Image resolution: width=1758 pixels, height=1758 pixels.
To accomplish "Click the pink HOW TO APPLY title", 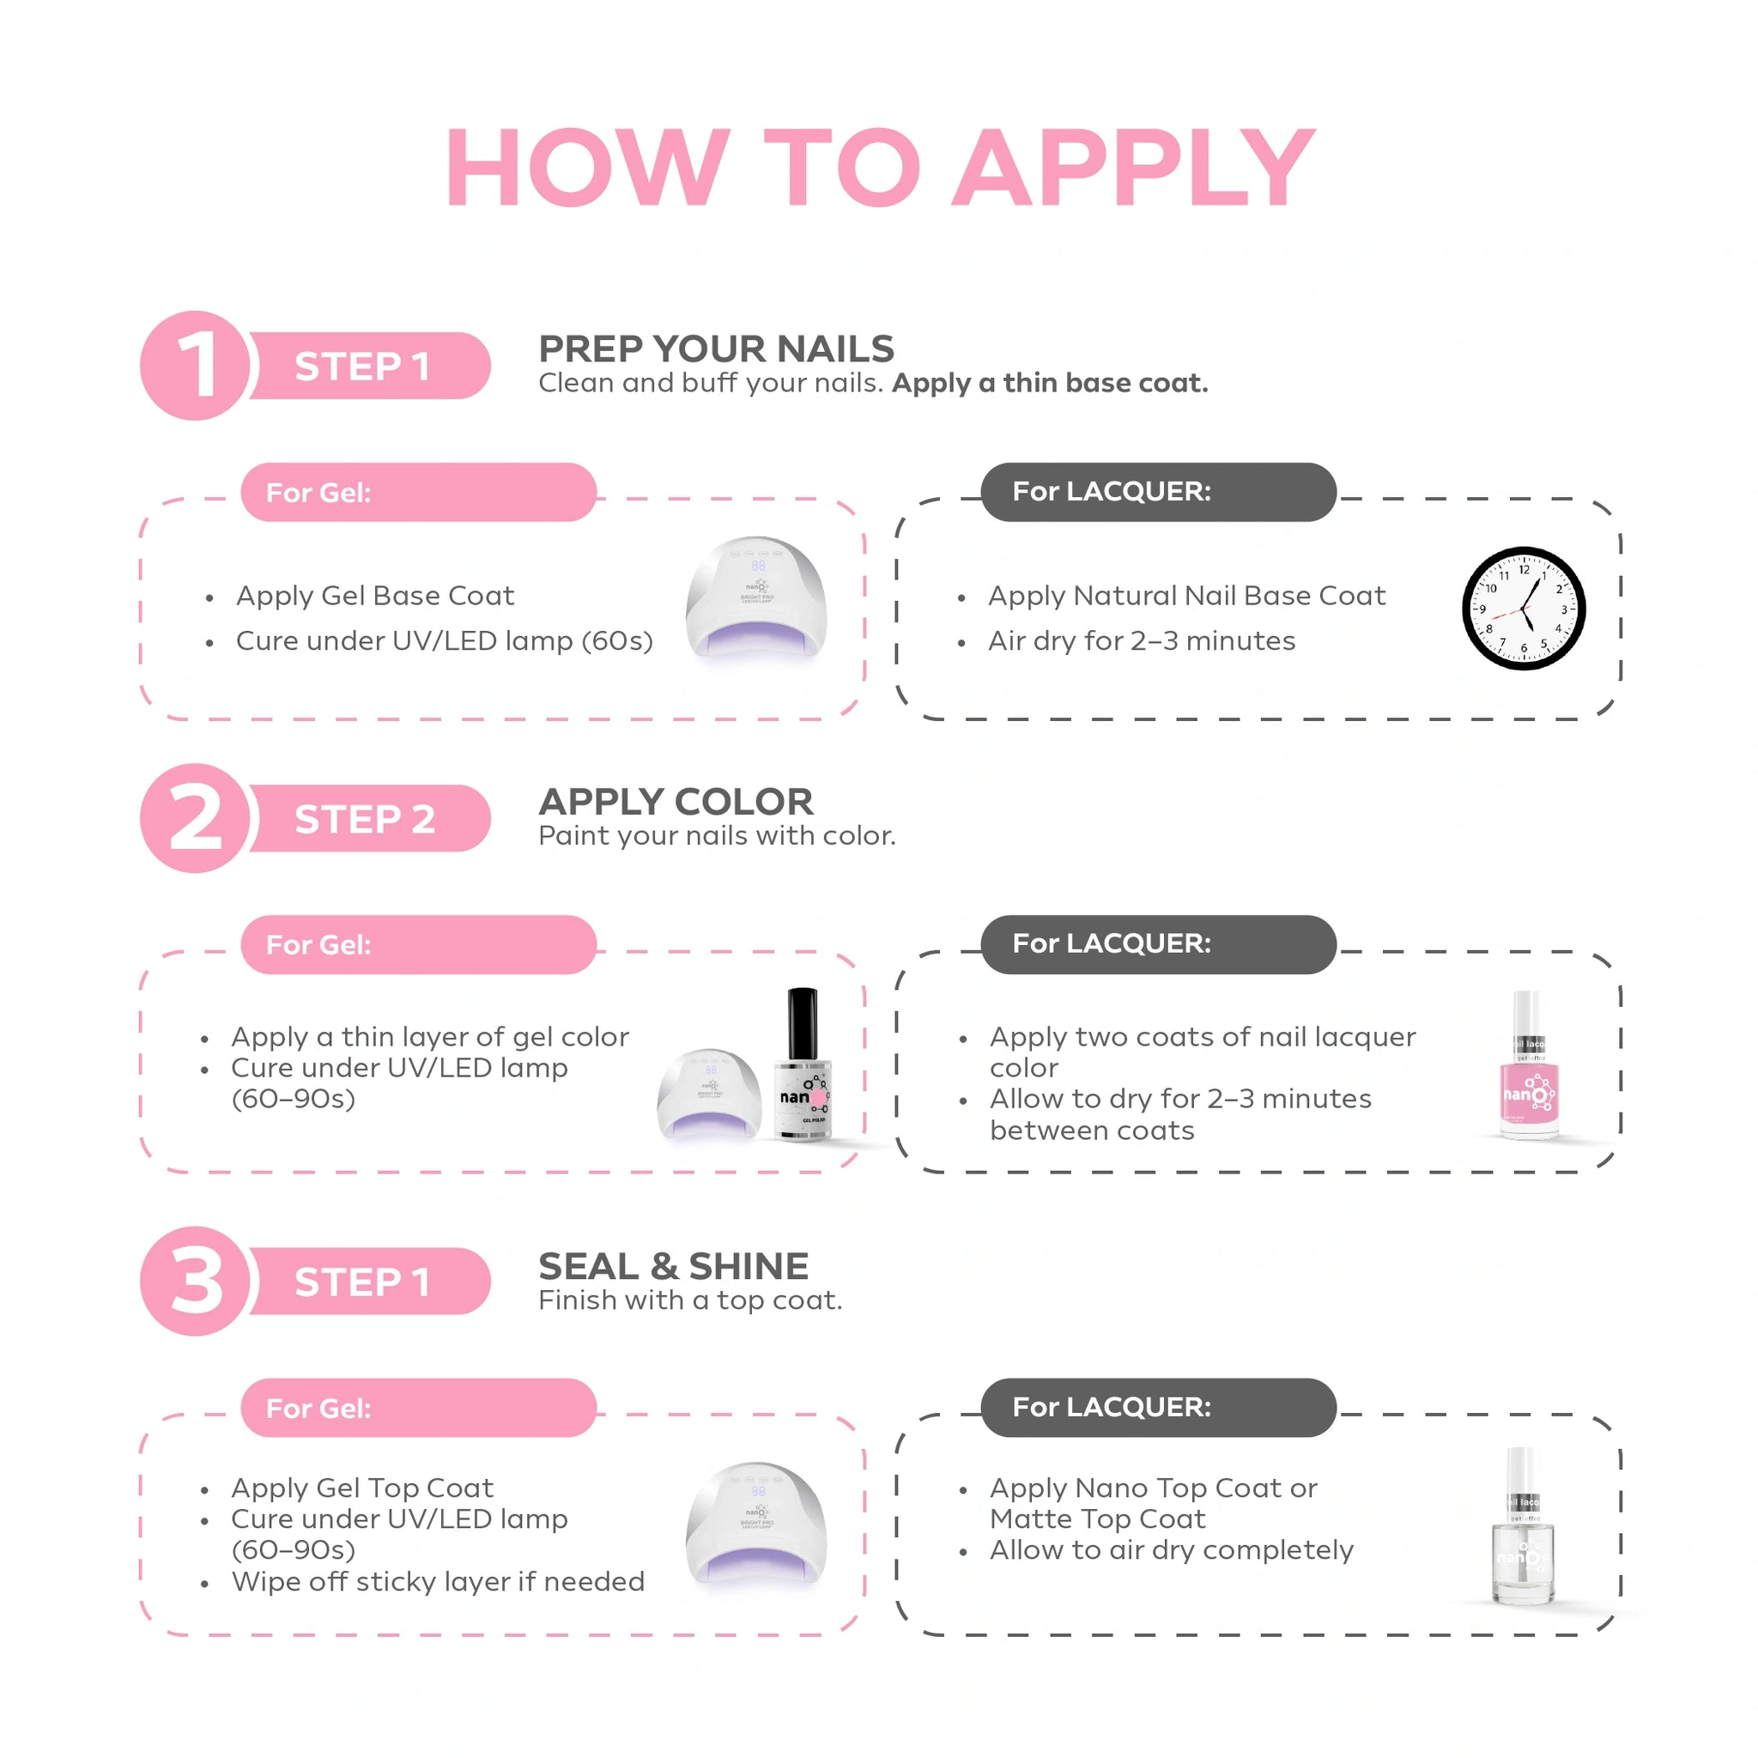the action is point(880,167).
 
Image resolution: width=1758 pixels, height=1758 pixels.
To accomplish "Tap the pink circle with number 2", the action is point(195,818).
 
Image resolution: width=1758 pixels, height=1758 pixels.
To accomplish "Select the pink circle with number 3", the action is point(195,1282).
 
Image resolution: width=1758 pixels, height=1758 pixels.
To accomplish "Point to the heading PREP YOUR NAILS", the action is point(716,349).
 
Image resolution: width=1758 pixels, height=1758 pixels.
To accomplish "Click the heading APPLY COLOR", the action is point(676,802).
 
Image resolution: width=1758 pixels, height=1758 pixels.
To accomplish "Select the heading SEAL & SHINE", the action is point(673,1266).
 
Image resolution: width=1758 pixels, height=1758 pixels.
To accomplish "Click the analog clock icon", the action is point(1525,609).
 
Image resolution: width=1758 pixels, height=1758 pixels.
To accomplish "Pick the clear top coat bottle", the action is point(1525,1526).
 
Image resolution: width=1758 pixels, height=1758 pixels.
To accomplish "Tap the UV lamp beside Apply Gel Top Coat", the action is point(756,1525).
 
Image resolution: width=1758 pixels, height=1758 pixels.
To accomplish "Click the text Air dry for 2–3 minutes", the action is point(1141,640).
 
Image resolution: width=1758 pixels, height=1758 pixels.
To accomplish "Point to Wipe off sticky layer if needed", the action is point(438,1581).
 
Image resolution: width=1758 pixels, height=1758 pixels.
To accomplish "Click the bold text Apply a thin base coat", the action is point(1050,383).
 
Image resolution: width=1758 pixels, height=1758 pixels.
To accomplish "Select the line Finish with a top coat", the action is point(690,1300).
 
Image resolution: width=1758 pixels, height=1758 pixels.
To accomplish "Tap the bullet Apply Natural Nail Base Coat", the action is point(1186,595).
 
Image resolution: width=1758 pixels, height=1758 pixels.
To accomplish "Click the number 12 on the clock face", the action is point(1525,570).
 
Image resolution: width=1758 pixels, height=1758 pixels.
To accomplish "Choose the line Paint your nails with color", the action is point(717,835).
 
